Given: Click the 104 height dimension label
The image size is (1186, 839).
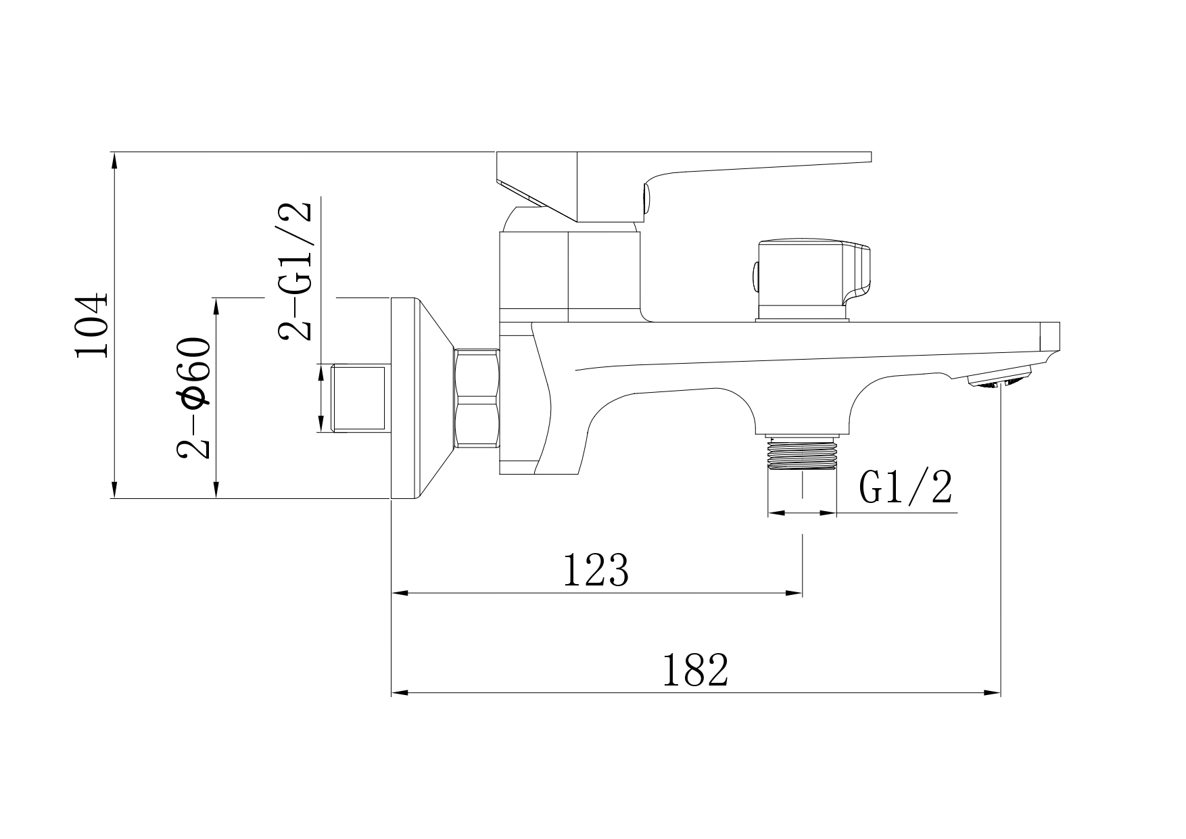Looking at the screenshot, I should click(x=93, y=325).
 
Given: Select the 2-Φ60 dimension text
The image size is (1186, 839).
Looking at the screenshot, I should click(x=194, y=398).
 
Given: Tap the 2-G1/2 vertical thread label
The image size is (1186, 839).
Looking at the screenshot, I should click(x=295, y=270).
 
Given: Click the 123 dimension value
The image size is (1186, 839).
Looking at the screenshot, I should click(x=596, y=571).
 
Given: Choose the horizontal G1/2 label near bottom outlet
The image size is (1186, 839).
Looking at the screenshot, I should click(x=906, y=488).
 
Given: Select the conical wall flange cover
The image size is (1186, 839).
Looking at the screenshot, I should click(x=419, y=398).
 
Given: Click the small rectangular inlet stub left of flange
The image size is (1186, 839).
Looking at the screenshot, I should click(x=359, y=398).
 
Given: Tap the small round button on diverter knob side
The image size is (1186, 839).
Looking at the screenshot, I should click(x=755, y=277).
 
